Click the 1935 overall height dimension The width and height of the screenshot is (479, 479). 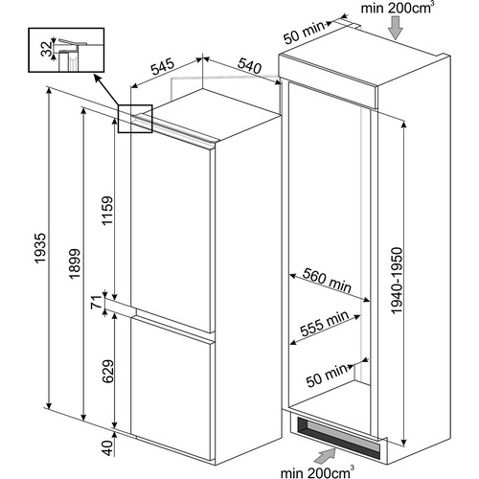[40, 248]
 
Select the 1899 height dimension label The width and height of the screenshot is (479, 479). [75, 263]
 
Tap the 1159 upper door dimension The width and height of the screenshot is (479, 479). [107, 211]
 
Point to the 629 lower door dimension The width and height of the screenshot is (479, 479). [108, 372]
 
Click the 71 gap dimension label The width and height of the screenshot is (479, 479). [96, 302]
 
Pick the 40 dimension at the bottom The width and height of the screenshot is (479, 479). [107, 447]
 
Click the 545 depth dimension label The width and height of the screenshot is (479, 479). [163, 66]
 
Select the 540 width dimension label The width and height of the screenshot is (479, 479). [249, 65]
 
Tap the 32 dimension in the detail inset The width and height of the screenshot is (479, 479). [48, 49]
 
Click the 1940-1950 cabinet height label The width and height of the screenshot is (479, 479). [398, 281]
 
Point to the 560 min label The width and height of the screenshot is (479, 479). [327, 281]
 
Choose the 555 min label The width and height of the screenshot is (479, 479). [325, 323]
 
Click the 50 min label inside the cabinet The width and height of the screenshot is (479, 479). [327, 376]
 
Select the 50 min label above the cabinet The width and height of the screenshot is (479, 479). [305, 33]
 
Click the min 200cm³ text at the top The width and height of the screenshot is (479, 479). [397, 8]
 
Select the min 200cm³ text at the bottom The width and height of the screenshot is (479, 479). [317, 471]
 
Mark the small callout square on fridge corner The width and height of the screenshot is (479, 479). [135, 119]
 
